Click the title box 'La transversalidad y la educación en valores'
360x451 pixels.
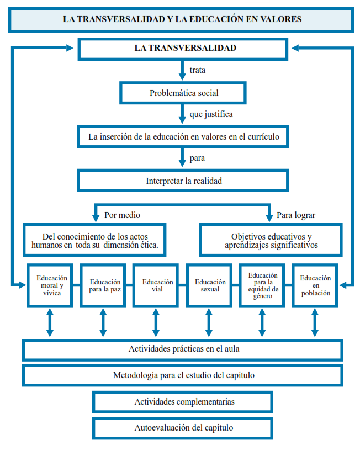(x=182, y=19)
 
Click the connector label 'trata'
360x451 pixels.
(x=198, y=70)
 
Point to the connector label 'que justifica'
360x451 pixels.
(x=211, y=114)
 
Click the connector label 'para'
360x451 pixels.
(x=198, y=158)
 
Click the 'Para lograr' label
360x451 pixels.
(x=296, y=215)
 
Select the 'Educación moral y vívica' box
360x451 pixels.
(x=50, y=285)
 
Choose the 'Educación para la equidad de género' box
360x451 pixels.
(x=262, y=285)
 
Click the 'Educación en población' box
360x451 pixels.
(x=315, y=285)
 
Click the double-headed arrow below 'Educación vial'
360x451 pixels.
(x=156, y=322)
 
